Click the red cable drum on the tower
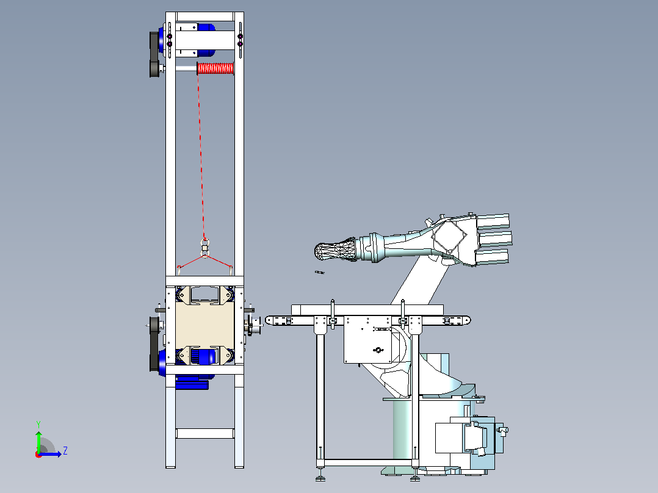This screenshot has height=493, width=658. [x=215, y=68]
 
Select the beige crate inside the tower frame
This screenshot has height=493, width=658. [x=205, y=326]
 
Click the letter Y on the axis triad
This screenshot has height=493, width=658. [x=38, y=425]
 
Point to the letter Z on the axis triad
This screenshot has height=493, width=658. [x=65, y=451]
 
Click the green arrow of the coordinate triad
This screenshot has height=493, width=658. [x=38, y=442]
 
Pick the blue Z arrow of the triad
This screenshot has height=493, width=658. [x=50, y=454]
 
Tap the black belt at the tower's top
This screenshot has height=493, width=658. [x=154, y=54]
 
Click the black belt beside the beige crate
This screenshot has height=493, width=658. [x=154, y=344]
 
